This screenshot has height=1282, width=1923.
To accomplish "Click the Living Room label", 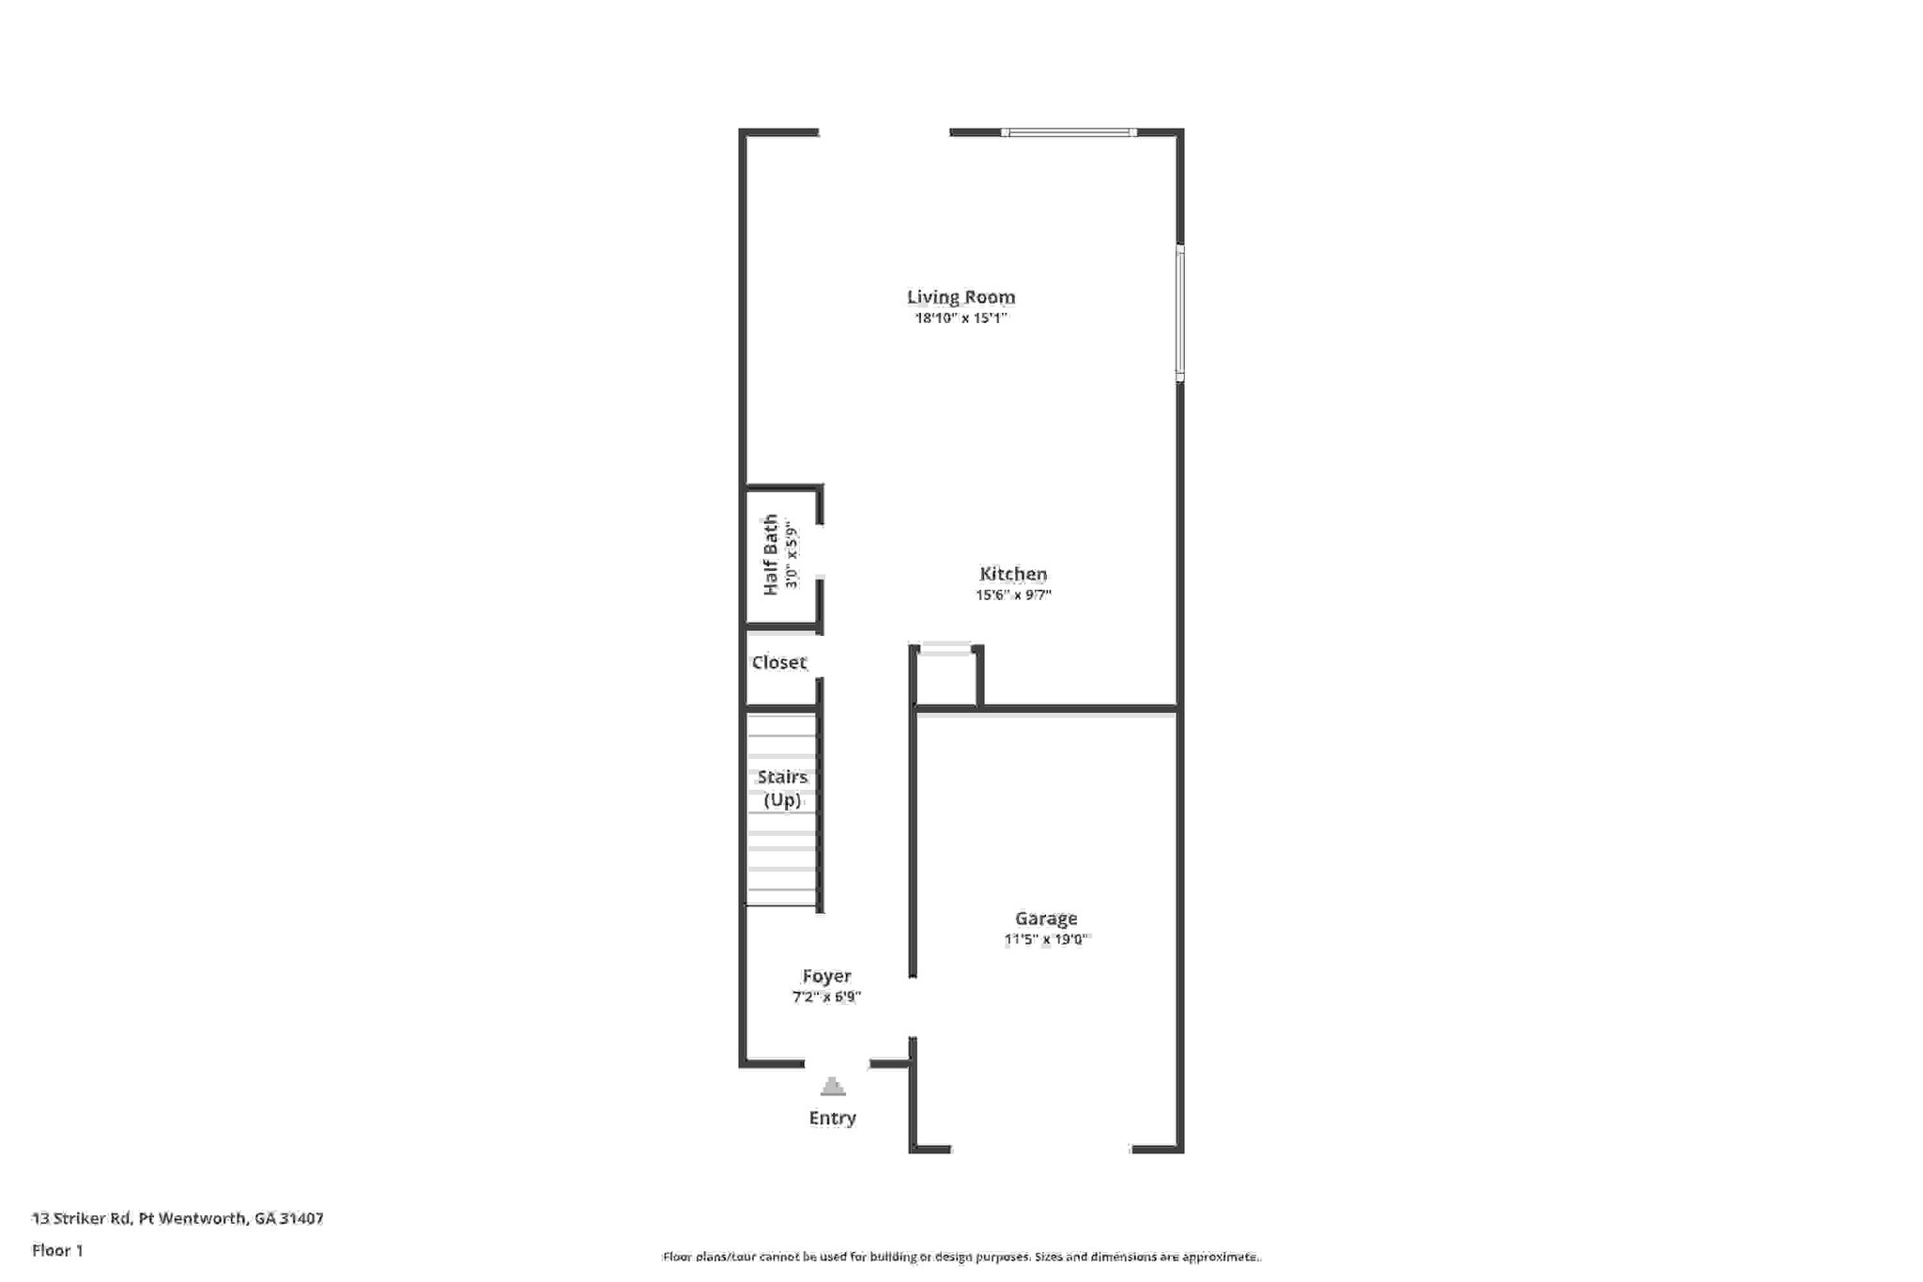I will point(961,297).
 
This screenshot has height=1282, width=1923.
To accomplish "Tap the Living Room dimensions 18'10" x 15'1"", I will point(961,318).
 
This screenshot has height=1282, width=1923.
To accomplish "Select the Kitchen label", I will point(1013,574).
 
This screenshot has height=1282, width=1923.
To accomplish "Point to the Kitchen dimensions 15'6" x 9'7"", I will point(1013,595).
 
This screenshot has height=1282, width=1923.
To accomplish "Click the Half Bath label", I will point(771,554).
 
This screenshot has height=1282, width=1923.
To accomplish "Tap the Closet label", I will point(778,662).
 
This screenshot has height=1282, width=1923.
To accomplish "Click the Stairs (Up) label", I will point(782,788).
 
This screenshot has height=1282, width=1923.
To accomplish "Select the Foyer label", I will point(826,976).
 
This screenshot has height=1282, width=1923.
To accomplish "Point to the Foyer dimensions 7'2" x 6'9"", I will point(826,996).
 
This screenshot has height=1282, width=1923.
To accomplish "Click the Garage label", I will point(1046,919).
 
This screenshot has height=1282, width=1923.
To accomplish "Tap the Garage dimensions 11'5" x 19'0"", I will point(1046,939).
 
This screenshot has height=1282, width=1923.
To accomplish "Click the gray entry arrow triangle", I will point(833,1087).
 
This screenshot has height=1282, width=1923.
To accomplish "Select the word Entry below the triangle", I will point(833,1118).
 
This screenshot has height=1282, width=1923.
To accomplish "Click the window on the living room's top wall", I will point(1069,132).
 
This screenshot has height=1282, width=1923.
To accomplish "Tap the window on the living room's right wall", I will point(1180,313).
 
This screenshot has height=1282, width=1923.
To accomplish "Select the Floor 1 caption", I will point(57,1250).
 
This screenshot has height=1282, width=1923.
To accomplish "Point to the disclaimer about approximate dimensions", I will point(961,1257).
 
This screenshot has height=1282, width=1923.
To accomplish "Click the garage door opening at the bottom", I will point(1041,1149).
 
